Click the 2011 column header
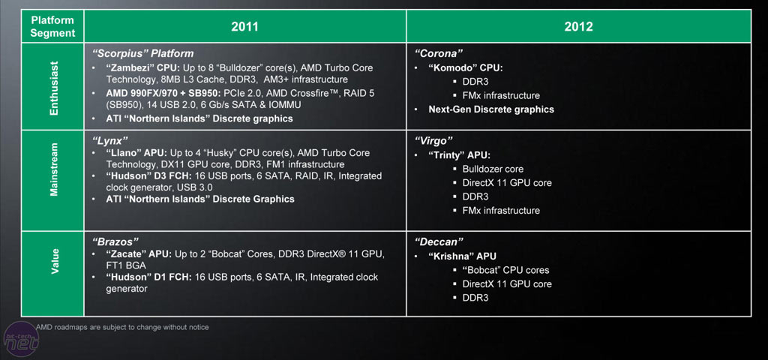click(244, 26)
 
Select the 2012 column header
click(579, 26)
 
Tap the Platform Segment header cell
click(53, 26)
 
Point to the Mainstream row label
click(53, 180)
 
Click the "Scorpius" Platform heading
click(142, 54)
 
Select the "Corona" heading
click(439, 54)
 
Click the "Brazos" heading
click(116, 242)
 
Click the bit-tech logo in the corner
click(19, 341)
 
